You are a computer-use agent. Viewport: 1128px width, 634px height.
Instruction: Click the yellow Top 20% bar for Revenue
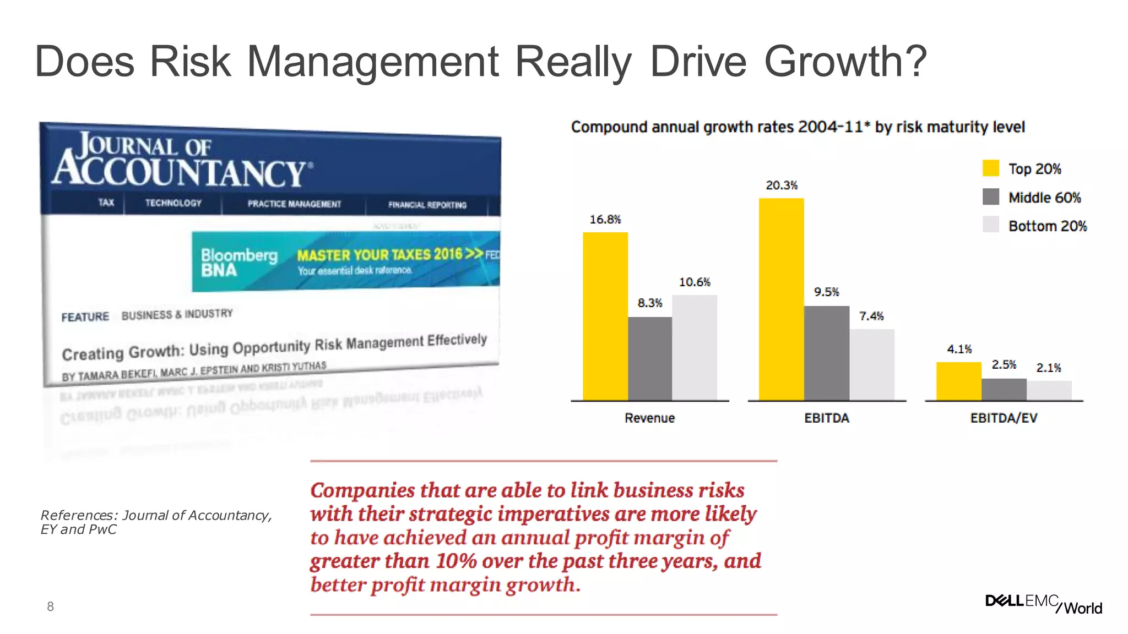pyautogui.click(x=605, y=316)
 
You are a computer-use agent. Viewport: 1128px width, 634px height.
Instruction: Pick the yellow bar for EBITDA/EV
pyautogui.click(x=958, y=381)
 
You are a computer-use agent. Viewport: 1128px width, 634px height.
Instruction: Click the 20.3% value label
pyautogui.click(x=782, y=185)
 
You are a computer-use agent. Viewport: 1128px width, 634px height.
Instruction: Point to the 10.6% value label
pyautogui.click(x=695, y=282)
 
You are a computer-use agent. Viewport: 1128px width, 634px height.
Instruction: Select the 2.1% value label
pyautogui.click(x=1048, y=368)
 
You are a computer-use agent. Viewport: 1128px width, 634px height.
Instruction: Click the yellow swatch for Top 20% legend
pyautogui.click(x=990, y=168)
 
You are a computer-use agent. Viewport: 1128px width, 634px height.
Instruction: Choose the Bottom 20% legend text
pyautogui.click(x=1047, y=226)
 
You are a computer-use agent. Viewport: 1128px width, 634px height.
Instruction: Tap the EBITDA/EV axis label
pyautogui.click(x=1003, y=418)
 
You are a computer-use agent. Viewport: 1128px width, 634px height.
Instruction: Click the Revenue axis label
pyautogui.click(x=649, y=418)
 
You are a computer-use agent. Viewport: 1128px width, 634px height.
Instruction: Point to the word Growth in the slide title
pyautogui.click(x=845, y=62)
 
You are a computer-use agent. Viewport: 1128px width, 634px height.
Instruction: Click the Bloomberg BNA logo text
pyautogui.click(x=238, y=262)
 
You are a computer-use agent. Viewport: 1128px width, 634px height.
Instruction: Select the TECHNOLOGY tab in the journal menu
pyautogui.click(x=173, y=203)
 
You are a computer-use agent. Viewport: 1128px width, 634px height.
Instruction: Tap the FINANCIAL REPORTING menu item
pyautogui.click(x=427, y=205)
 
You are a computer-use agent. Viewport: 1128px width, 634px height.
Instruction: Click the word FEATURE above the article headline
pyautogui.click(x=85, y=317)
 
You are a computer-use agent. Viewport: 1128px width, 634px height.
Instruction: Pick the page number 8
pyautogui.click(x=50, y=606)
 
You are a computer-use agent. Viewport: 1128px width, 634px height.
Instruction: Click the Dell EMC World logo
pyautogui.click(x=1043, y=604)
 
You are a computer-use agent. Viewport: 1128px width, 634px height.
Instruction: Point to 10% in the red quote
pyautogui.click(x=456, y=561)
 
